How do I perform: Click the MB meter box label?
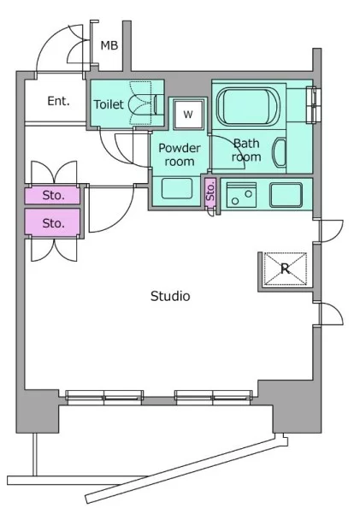click(x=109, y=45)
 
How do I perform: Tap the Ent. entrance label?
click(x=58, y=101)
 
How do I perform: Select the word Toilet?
click(x=109, y=104)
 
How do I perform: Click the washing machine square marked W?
click(x=188, y=114)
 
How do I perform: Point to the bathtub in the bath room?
click(x=249, y=106)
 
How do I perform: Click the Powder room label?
click(x=180, y=155)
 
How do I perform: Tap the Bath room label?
click(x=246, y=150)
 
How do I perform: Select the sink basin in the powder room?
click(x=177, y=188)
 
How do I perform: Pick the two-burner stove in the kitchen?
click(x=241, y=195)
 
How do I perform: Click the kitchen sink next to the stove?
click(x=286, y=194)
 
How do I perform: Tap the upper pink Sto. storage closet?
click(x=52, y=195)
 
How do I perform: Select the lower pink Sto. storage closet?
click(x=52, y=223)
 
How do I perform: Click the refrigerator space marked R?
click(x=285, y=269)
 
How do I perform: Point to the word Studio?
click(x=170, y=296)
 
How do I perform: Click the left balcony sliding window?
click(x=104, y=398)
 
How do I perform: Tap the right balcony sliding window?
click(x=214, y=398)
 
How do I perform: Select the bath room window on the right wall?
click(x=314, y=105)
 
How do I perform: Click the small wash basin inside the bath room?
click(x=280, y=152)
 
